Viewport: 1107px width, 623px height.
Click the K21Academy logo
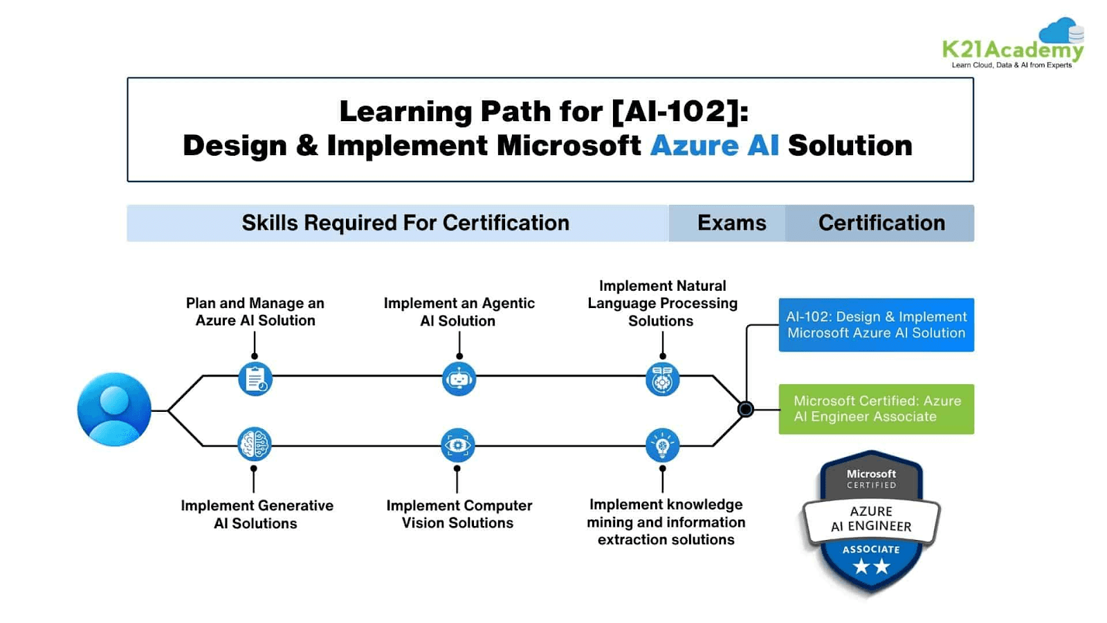[1013, 45]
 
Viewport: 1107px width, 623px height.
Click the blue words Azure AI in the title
[714, 145]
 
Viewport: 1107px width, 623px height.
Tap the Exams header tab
[731, 223]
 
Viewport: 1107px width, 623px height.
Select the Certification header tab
[881, 223]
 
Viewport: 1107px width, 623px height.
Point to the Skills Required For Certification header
[405, 223]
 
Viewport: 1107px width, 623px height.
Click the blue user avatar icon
[114, 409]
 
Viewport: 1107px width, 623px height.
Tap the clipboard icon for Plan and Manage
[255, 379]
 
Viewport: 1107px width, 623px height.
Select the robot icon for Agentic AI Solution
[459, 379]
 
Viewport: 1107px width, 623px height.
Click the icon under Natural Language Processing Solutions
[662, 379]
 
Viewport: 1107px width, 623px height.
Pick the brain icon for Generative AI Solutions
[255, 444]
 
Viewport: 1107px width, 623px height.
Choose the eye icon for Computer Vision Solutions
[457, 444]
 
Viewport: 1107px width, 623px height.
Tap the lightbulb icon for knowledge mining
[662, 444]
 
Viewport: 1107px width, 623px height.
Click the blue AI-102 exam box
[876, 325]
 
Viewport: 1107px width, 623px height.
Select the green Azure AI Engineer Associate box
[876, 409]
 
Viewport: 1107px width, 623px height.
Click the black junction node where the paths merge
[745, 409]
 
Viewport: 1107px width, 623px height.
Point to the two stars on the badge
[871, 567]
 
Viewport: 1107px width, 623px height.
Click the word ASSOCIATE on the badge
[871, 550]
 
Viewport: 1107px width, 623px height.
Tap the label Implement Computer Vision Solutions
[459, 514]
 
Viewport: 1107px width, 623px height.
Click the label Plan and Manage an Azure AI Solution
[255, 311]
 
